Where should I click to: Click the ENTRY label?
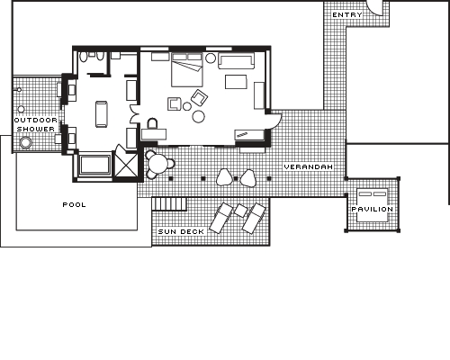point(347,14)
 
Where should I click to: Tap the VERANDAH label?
point(308,166)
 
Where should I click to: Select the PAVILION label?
point(372,209)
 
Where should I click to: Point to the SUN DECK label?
point(181,231)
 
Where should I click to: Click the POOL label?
point(74,204)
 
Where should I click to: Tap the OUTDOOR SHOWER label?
point(36,124)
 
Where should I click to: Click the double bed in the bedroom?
point(187,70)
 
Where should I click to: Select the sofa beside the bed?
point(236,61)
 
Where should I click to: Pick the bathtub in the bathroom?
point(94,165)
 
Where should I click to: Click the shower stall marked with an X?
point(126,165)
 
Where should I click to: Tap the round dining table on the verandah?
point(158,165)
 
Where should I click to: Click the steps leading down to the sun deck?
point(169,204)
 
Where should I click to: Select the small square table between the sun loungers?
point(240,211)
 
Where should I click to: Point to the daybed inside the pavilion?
point(372,205)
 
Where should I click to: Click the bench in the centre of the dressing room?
point(102,114)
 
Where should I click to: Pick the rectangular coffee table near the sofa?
point(236,82)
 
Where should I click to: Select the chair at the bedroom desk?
point(152,123)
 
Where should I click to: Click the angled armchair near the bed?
point(200,97)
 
